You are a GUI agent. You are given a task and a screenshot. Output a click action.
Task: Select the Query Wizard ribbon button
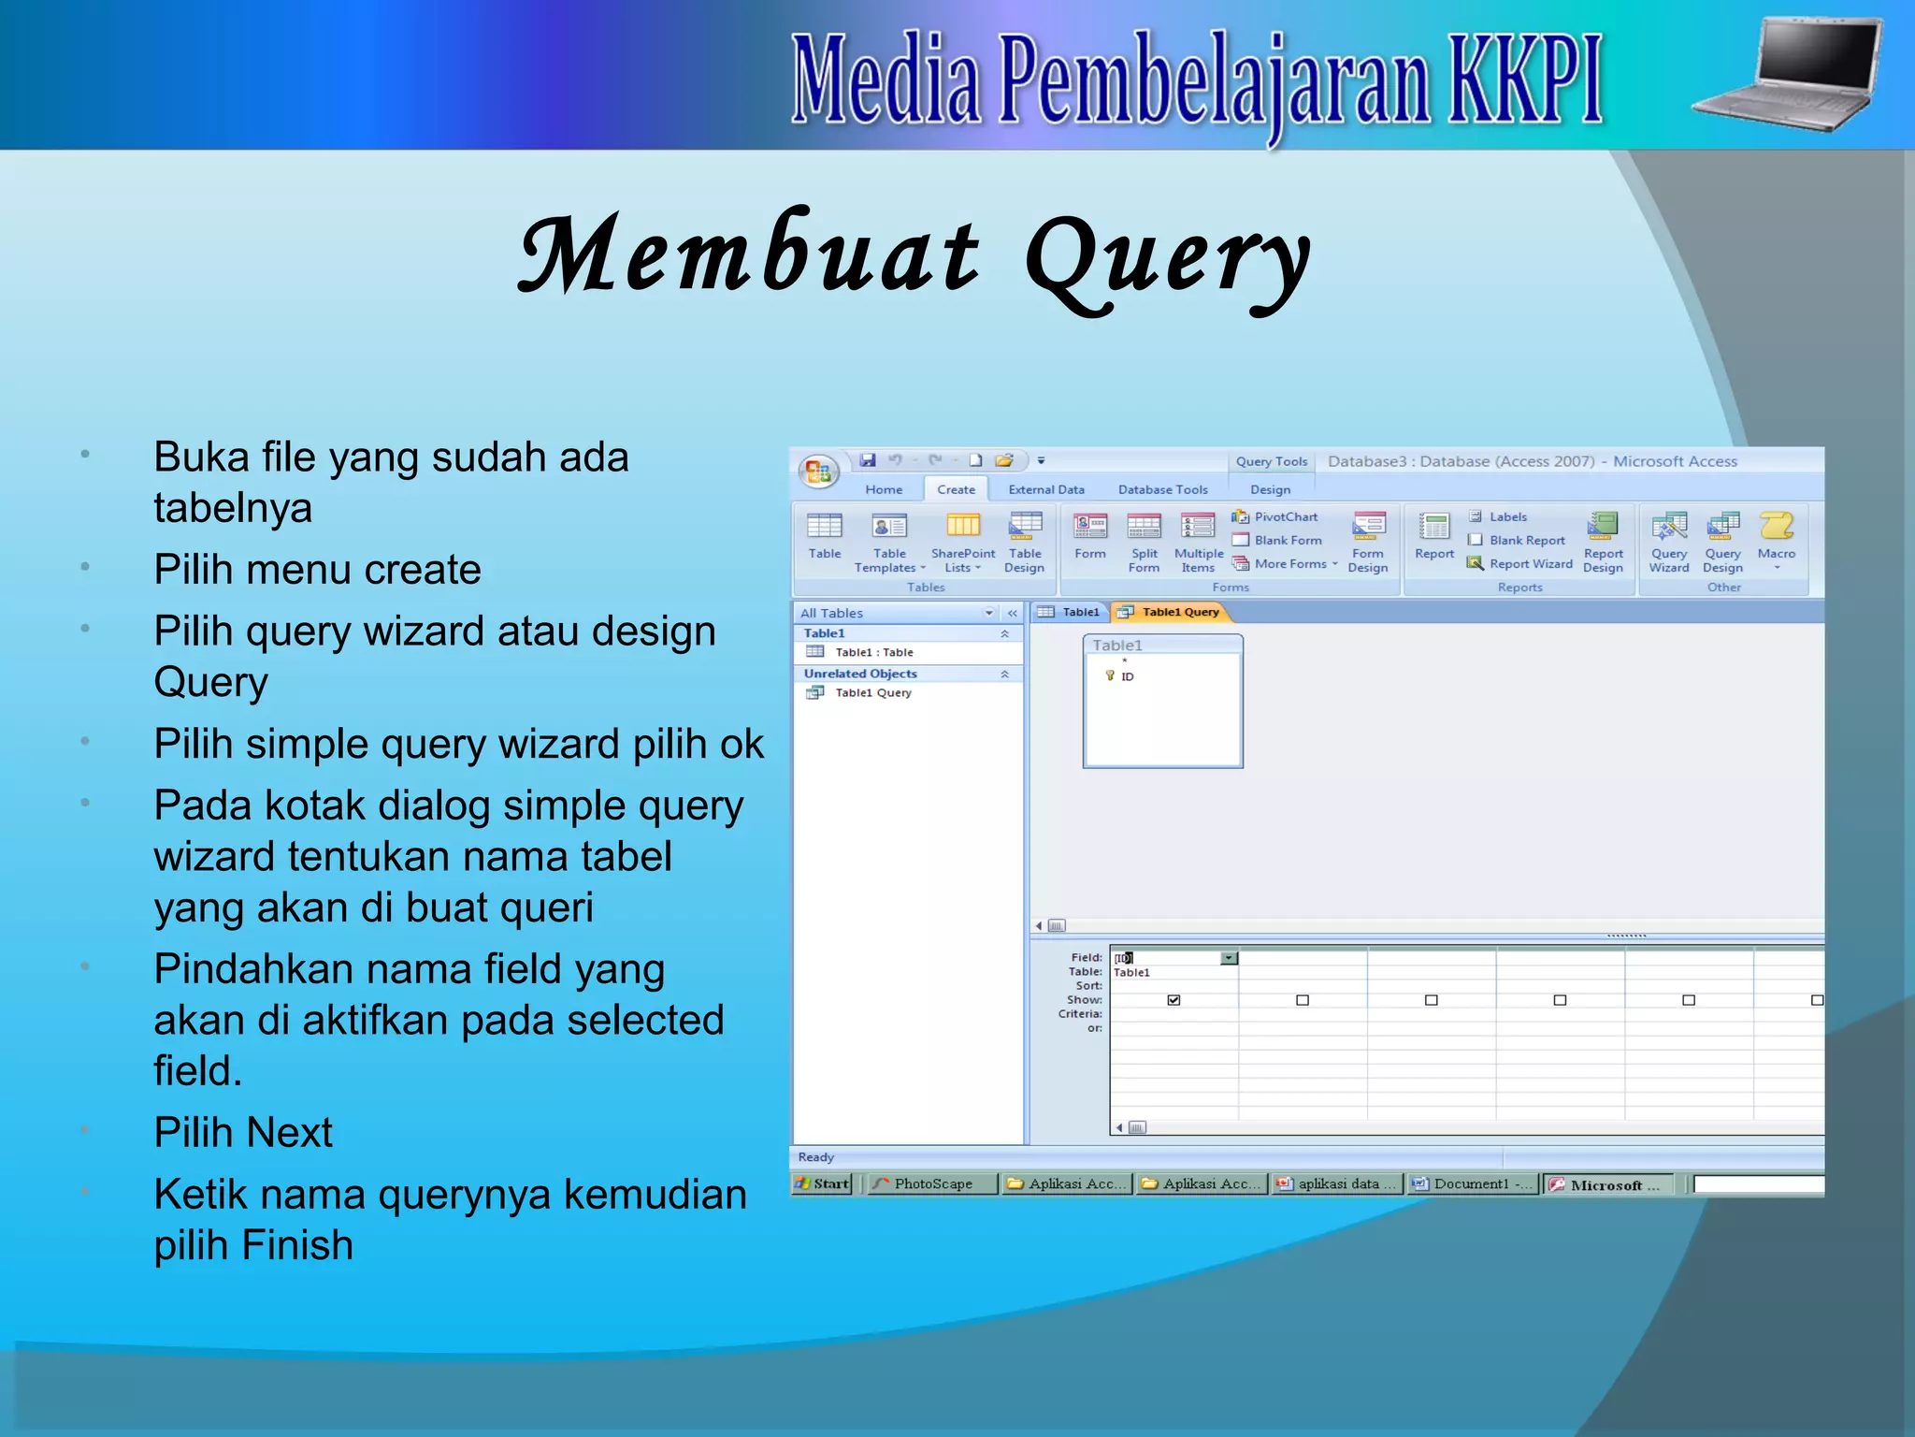[x=1669, y=542]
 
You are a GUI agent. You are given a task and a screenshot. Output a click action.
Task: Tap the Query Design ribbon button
[x=1722, y=542]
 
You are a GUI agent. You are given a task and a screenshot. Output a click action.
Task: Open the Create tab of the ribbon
[x=956, y=489]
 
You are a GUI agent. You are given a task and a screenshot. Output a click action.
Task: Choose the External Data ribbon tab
[x=1046, y=489]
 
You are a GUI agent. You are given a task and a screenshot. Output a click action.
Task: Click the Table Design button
[x=1025, y=542]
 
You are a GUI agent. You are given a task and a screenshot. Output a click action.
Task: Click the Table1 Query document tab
[x=1173, y=612]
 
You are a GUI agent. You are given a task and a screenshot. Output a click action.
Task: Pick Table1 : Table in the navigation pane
[x=872, y=652]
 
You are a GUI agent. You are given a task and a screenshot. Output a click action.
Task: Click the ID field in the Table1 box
[x=1127, y=676]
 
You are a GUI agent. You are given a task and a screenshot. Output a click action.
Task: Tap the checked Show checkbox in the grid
[x=1173, y=1000]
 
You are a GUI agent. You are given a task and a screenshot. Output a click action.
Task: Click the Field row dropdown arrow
[x=1229, y=958]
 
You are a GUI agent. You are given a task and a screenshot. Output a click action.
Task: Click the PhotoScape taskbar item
[x=931, y=1183]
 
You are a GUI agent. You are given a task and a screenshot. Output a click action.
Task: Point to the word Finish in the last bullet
[x=296, y=1245]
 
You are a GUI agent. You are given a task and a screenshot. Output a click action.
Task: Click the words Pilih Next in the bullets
[x=243, y=1132]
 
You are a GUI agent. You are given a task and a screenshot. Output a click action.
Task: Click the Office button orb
[x=819, y=471]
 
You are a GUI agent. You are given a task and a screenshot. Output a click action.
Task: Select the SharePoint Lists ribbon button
[x=963, y=542]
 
